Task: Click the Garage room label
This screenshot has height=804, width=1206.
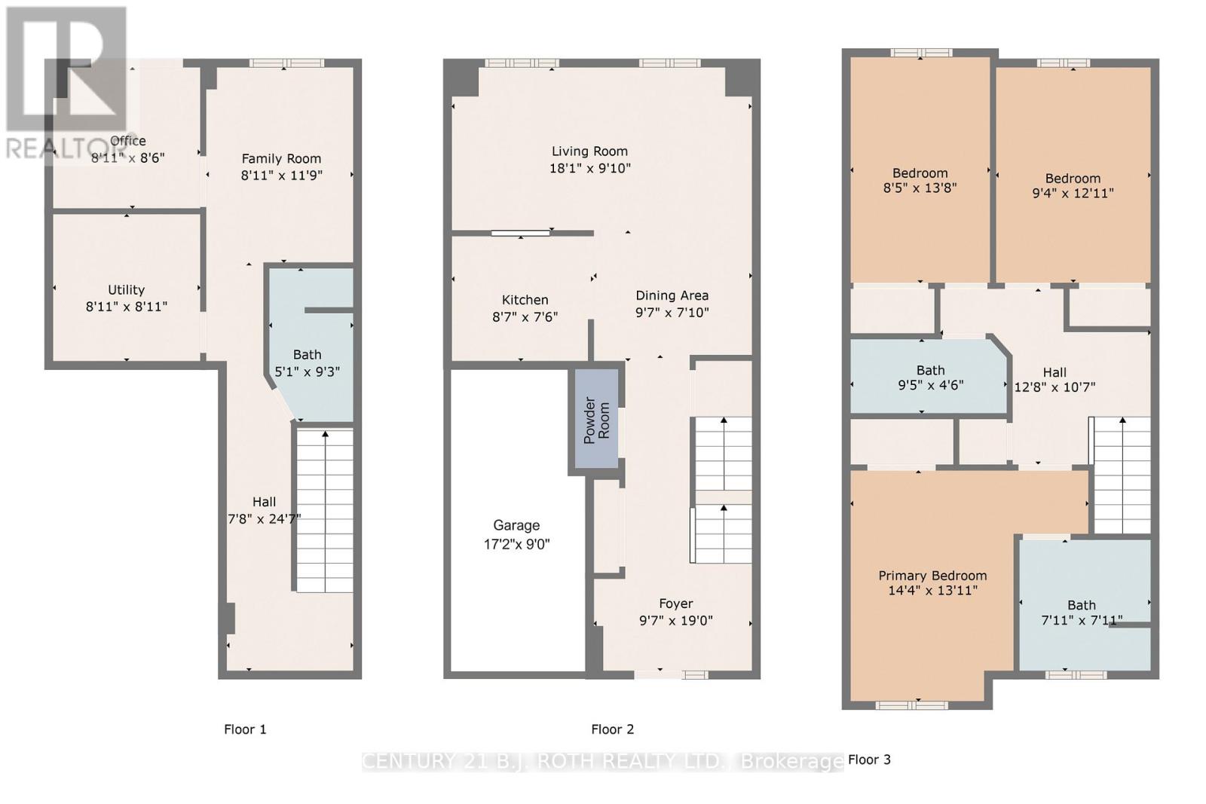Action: pos(516,525)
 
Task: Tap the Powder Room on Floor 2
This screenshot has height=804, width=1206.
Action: pos(596,419)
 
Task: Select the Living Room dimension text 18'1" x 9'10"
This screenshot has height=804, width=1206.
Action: pos(589,169)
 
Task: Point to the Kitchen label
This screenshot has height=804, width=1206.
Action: pos(525,300)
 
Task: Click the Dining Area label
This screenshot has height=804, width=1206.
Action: pos(672,295)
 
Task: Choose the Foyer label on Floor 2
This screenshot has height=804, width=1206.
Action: pos(675,604)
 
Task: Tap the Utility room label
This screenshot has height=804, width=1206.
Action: pos(126,290)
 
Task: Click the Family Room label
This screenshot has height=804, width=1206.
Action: pos(281,159)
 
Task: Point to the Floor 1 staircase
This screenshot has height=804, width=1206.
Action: pos(325,511)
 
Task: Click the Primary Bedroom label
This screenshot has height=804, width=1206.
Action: pos(932,576)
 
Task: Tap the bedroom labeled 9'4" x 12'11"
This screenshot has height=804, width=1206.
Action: pos(1073,175)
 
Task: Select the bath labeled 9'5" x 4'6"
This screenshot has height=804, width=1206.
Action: pos(929,376)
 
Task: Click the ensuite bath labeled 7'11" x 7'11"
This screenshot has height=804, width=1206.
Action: pos(1085,605)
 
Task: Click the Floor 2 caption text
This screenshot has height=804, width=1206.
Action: pos(612,729)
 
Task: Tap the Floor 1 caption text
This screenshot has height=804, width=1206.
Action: pos(245,729)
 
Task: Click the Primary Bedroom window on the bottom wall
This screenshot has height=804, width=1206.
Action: pos(911,705)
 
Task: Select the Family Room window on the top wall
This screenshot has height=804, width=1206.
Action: pos(287,63)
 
